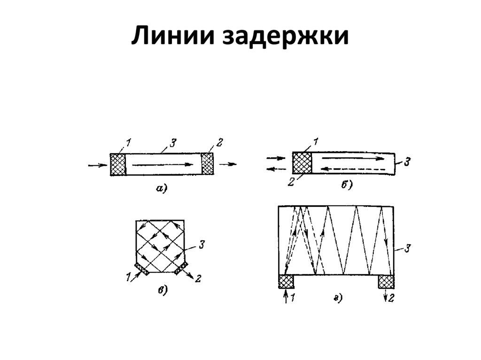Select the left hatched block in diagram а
[118, 164]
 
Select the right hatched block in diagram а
[207, 164]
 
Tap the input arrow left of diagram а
[97, 165]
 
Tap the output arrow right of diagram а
[228, 164]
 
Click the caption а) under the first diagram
[161, 189]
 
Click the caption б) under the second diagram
[347, 185]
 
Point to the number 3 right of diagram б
[407, 162]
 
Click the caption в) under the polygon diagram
[162, 291]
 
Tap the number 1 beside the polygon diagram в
[128, 278]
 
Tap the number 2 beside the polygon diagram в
[198, 279]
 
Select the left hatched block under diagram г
[286, 282]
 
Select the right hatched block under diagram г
[387, 282]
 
